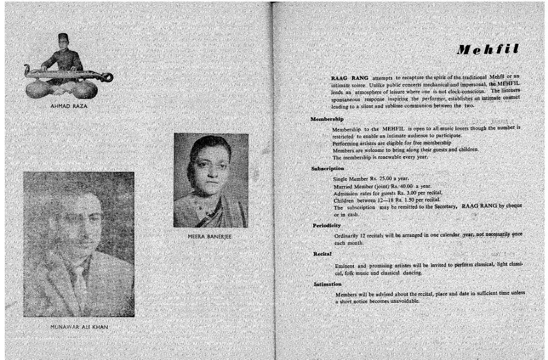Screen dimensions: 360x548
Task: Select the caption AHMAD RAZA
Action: tap(68, 106)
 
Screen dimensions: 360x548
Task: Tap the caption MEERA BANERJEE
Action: tap(210, 236)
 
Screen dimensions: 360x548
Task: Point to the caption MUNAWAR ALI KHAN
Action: tap(79, 326)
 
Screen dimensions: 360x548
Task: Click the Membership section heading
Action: tap(327, 119)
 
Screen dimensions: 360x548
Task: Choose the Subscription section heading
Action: tap(328, 168)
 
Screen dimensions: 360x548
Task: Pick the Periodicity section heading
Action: tap(326, 225)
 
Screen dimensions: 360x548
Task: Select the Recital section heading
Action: tap(322, 253)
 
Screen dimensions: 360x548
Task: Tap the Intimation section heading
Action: tap(328, 284)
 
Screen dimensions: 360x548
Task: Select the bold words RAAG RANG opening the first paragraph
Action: tap(349, 79)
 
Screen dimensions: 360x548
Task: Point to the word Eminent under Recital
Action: tap(345, 266)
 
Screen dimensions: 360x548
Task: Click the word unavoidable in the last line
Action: tap(401, 301)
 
